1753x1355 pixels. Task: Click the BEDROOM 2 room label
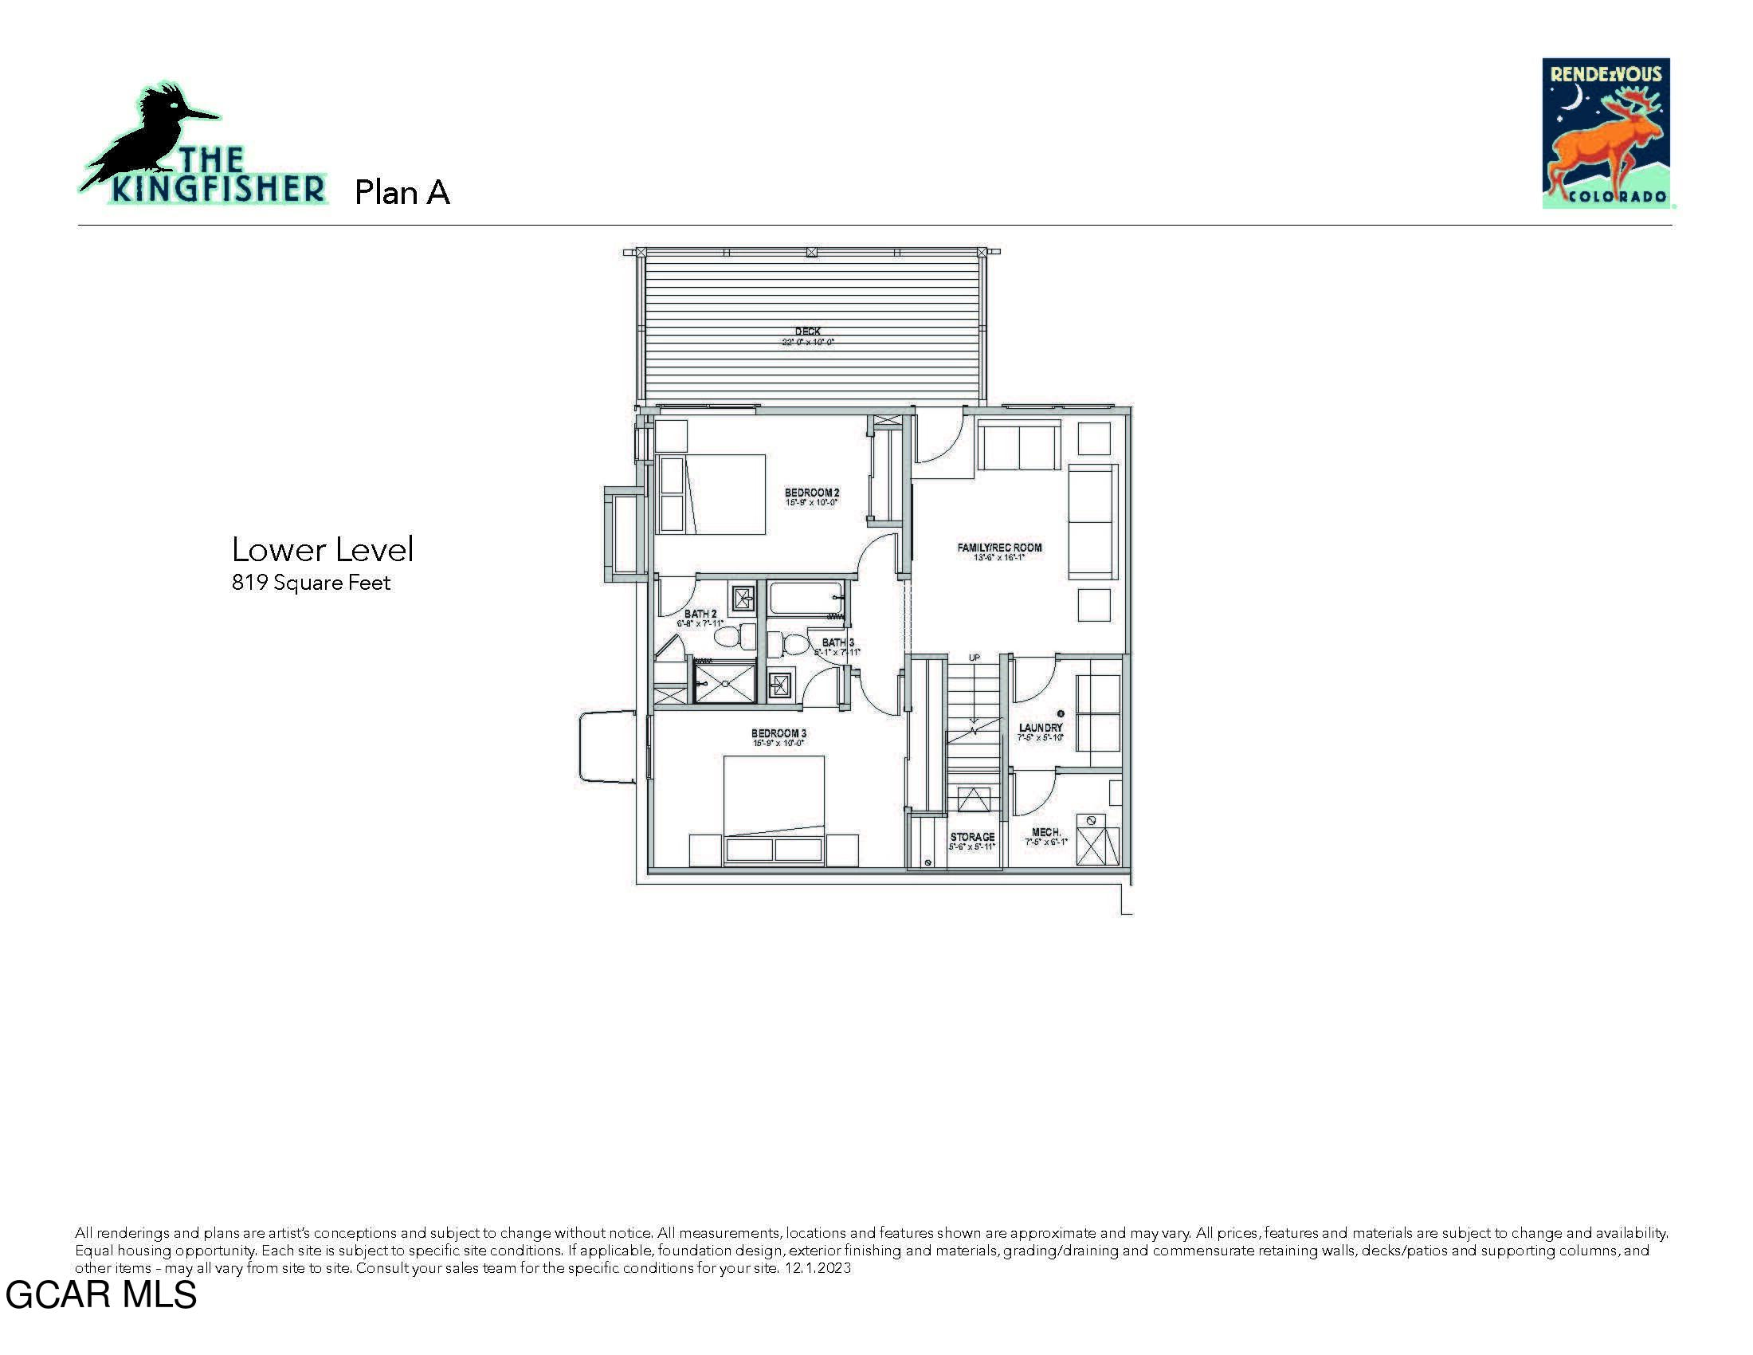click(811, 492)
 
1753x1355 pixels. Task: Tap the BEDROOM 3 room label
click(778, 732)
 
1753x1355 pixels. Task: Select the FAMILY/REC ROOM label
click(999, 548)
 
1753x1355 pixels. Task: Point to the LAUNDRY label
click(1040, 727)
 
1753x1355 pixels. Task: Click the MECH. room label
click(1046, 832)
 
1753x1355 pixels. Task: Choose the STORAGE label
click(972, 836)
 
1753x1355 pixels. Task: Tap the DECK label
click(807, 331)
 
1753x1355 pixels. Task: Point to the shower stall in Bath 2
click(724, 683)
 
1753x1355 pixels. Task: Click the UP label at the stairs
click(974, 658)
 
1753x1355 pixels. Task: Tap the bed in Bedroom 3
click(774, 807)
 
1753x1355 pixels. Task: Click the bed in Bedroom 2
click(711, 494)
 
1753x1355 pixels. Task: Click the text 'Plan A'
click(402, 193)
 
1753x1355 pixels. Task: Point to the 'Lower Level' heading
click(323, 550)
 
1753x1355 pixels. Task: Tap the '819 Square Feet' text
click(311, 583)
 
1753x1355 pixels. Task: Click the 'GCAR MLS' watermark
click(101, 1294)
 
